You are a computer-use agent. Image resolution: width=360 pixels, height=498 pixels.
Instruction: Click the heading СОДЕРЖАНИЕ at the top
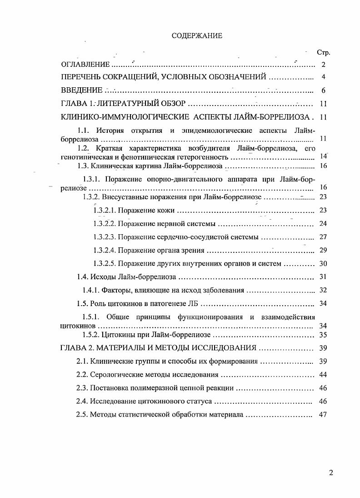coord(197,36)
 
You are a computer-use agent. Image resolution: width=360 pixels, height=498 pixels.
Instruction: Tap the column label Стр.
coord(323,53)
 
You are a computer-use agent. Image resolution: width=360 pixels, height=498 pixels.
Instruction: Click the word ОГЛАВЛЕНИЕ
coord(85,65)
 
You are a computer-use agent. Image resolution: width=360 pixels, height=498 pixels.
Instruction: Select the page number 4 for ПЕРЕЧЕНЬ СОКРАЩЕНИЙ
coord(323,77)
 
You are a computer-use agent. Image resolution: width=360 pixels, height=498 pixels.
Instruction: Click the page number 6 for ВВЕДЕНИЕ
coord(323,91)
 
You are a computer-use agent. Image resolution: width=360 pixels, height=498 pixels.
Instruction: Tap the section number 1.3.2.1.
coord(105,211)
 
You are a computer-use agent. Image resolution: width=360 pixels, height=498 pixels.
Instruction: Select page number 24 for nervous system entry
coord(323,224)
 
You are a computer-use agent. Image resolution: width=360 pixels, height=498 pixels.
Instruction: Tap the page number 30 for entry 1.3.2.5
coord(323,263)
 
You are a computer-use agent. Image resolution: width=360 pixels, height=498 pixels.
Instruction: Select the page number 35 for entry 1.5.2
coord(323,335)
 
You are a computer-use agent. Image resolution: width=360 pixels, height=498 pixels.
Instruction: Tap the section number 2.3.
coord(82,388)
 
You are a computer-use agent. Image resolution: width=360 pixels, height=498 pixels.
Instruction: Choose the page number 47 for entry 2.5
coord(323,415)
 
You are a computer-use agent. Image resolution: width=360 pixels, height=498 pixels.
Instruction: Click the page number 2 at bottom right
coord(331,473)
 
